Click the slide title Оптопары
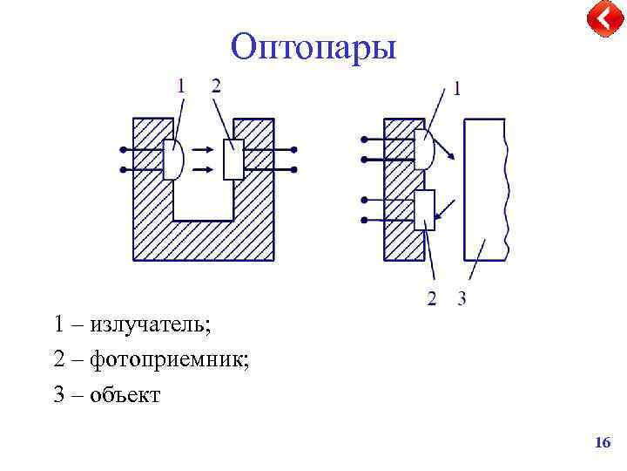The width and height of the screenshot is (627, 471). pos(313,46)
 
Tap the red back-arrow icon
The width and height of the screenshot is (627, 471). pos(603,19)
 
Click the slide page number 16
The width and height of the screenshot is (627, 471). pos(602,444)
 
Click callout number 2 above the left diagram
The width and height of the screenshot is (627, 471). pos(216,85)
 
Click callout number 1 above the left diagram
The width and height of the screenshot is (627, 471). pos(181,85)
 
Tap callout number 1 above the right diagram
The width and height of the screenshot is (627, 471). pos(457,88)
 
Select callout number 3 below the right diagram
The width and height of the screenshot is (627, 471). pos(462,299)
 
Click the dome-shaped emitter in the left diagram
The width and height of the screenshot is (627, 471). pos(172,159)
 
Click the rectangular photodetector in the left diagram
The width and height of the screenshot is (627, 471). pos(233,159)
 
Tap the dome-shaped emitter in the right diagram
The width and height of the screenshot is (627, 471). pos(424,149)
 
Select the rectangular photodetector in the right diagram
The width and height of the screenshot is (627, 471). pos(424,209)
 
